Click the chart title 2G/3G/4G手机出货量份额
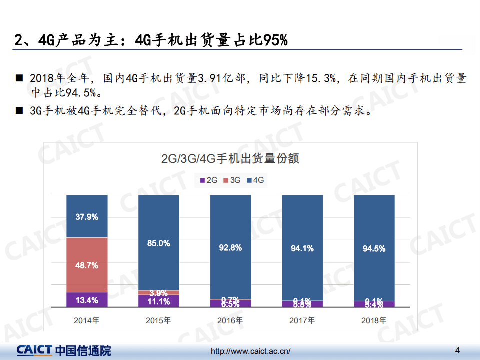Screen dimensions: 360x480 pos(230,159)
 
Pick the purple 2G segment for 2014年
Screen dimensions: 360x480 pos(86,300)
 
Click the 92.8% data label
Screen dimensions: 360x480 pos(230,247)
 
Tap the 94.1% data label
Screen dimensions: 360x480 pos(302,248)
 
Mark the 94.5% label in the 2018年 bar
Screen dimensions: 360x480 pos(374,248)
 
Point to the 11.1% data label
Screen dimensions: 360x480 pos(158,301)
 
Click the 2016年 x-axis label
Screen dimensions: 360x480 pos(230,320)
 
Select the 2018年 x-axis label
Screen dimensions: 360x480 pos(374,320)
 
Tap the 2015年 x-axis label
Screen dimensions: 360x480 pos(158,320)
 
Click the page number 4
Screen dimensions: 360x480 pos(457,349)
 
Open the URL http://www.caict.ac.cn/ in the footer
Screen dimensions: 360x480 pos(250,351)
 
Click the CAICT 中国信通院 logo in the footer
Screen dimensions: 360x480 pos(63,350)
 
